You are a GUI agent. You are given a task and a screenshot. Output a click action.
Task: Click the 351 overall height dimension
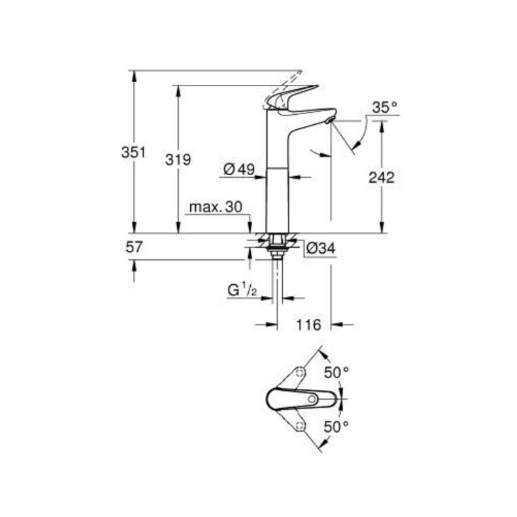[x=133, y=153]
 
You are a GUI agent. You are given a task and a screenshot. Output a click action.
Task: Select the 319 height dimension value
[x=178, y=160]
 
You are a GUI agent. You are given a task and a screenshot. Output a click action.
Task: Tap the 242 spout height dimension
[x=382, y=177]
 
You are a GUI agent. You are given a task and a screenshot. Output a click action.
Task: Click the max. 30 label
[x=216, y=207]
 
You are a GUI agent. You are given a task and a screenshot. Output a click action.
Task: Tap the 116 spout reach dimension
[x=310, y=325]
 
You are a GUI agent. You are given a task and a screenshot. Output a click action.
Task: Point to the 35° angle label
[x=385, y=108]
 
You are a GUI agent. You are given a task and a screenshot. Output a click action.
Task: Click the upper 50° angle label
[x=337, y=372]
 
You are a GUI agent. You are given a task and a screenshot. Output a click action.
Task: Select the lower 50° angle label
[x=337, y=427]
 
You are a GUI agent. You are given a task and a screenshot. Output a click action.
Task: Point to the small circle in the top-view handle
[x=312, y=399]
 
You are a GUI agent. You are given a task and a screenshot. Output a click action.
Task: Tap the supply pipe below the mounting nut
[x=278, y=279]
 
